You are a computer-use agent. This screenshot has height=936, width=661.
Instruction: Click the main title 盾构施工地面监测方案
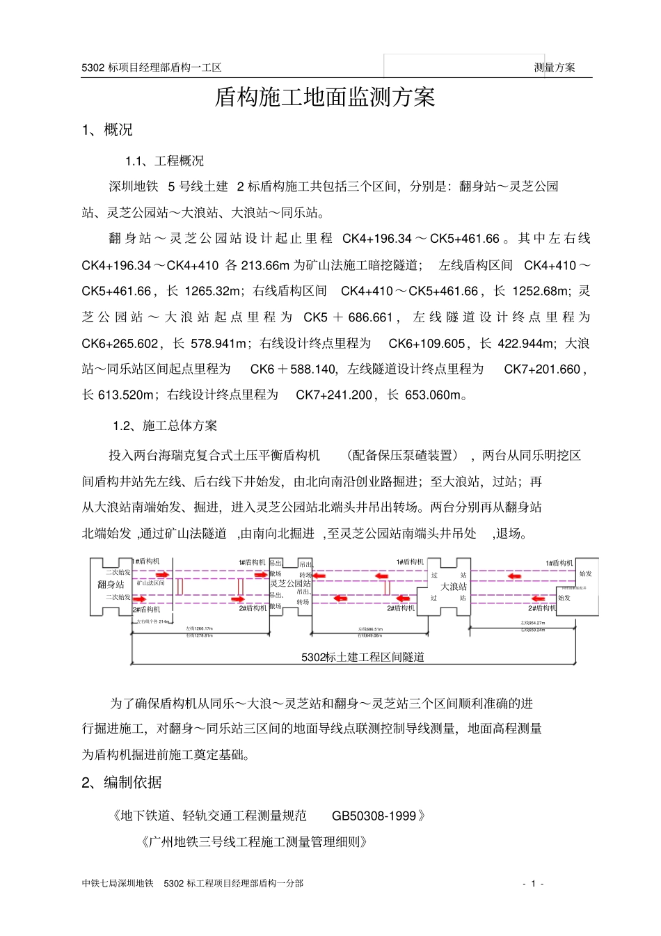click(x=325, y=97)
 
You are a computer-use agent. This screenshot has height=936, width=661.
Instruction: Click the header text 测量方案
click(x=555, y=68)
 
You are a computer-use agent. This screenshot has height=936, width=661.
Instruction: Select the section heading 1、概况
click(x=107, y=130)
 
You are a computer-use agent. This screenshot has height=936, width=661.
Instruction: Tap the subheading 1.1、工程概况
click(x=165, y=161)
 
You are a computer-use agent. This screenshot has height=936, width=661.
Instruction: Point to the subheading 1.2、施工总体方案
click(x=165, y=426)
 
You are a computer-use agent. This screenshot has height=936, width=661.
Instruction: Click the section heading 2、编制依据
click(x=122, y=783)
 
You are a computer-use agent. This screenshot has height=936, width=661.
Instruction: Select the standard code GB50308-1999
click(x=374, y=816)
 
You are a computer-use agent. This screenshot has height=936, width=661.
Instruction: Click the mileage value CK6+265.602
click(x=120, y=344)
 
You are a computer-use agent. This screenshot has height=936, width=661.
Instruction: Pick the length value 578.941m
click(x=219, y=344)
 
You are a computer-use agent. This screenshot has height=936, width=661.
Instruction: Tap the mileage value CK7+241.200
click(x=334, y=395)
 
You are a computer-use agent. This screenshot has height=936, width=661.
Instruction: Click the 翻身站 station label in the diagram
click(x=111, y=585)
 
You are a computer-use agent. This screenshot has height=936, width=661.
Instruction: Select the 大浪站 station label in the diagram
click(x=454, y=587)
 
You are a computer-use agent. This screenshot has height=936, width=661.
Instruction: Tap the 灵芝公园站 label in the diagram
click(x=290, y=583)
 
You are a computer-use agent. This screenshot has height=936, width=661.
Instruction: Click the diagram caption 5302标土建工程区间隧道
click(x=363, y=657)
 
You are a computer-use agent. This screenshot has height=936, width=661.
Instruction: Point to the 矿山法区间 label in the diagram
click(x=150, y=583)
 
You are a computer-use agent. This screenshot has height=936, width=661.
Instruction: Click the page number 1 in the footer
click(x=533, y=884)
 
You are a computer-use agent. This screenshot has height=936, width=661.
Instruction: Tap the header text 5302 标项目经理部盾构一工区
click(x=152, y=68)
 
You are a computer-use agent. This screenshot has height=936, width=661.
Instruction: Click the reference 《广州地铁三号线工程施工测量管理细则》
click(x=253, y=842)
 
